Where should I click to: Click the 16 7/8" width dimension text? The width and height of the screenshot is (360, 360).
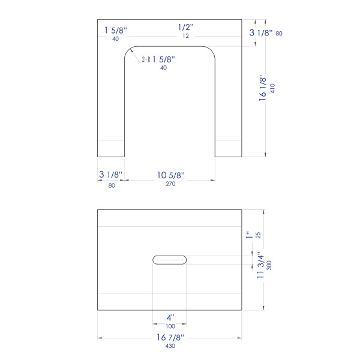point(170,337)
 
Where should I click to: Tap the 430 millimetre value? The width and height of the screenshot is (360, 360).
point(170,346)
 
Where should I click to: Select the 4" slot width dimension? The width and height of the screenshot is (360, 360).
point(170,318)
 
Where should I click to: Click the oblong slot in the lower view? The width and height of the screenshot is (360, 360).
point(169,260)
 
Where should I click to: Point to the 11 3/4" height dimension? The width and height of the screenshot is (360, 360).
point(260,265)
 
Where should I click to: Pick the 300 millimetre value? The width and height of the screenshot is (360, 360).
point(269,265)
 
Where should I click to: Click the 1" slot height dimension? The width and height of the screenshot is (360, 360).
point(249,235)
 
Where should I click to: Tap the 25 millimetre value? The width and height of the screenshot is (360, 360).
point(258,235)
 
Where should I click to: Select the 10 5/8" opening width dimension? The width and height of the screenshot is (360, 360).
point(171,175)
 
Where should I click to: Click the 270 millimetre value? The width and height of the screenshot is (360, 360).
point(170,184)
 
